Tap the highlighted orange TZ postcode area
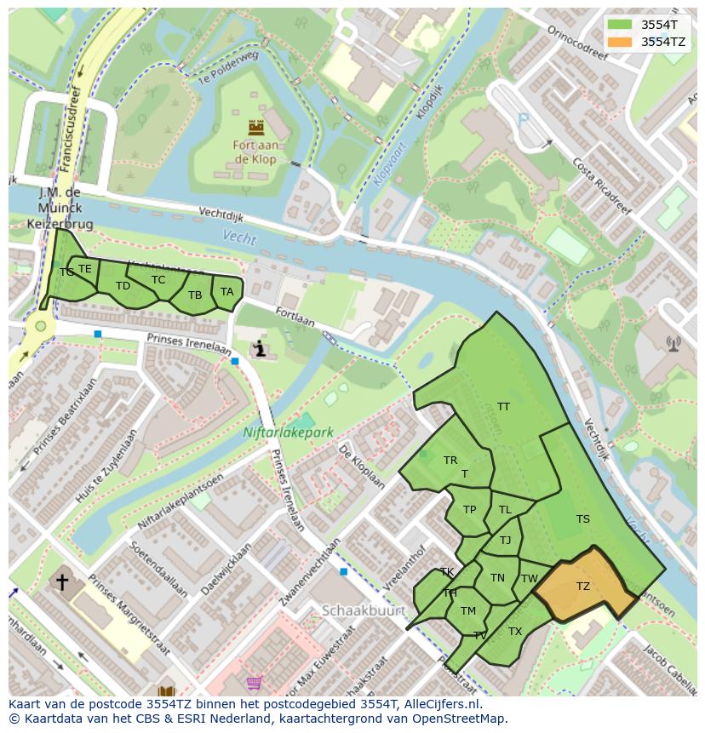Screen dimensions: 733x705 [x=583, y=587]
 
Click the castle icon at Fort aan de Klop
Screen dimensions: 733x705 [x=255, y=129]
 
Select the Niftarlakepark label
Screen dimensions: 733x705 [x=289, y=432]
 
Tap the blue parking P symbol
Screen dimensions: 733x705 [x=523, y=121]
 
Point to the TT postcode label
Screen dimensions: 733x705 [x=503, y=407]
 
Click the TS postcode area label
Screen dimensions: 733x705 [x=582, y=519]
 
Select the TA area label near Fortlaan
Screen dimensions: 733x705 [x=226, y=292]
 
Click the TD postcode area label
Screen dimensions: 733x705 [x=123, y=286]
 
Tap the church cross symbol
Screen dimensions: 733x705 [x=62, y=582]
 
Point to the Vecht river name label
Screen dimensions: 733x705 [x=239, y=238]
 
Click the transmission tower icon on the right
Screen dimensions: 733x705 [x=673, y=344]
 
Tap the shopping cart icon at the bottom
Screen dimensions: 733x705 [x=254, y=683]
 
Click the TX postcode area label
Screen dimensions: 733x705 [x=514, y=632]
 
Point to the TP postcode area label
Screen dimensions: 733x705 [x=469, y=510]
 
